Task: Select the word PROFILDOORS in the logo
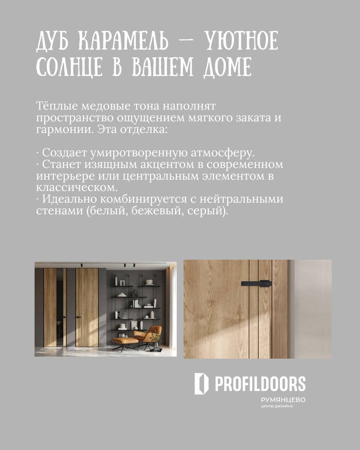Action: [x=260, y=384]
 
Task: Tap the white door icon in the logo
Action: [x=201, y=384]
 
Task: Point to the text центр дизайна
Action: [x=277, y=406]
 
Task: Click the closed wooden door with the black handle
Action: [x=87, y=307]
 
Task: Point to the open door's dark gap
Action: [x=59, y=307]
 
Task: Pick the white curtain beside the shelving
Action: [x=170, y=304]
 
